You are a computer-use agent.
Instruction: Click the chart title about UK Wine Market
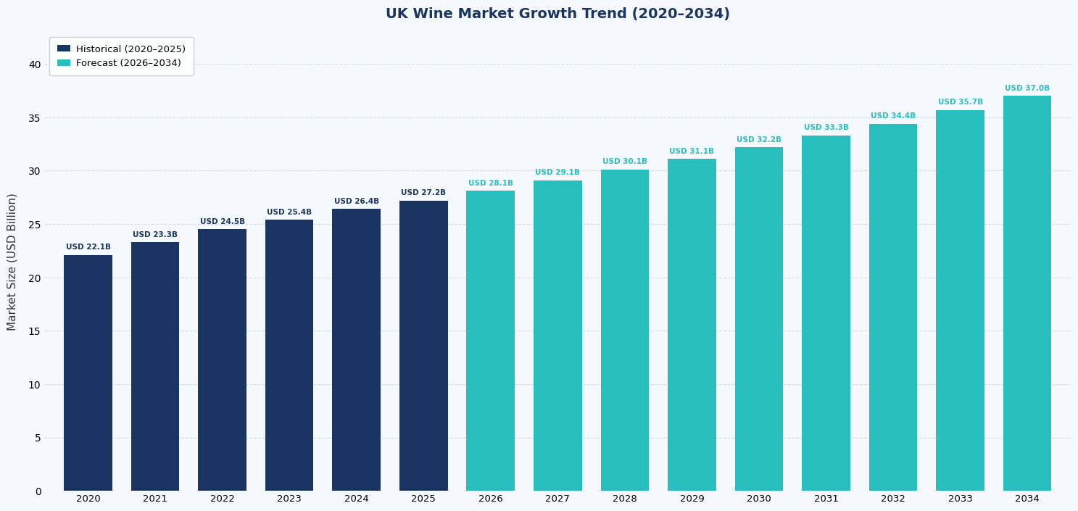tap(557, 14)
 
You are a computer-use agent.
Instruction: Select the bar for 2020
tap(88, 373)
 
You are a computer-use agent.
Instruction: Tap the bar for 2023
tap(289, 355)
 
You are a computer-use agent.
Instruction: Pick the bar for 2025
tap(423, 346)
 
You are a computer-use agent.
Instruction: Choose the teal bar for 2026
tap(490, 341)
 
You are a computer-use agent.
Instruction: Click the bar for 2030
tap(758, 319)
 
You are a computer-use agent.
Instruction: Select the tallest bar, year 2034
tap(1027, 294)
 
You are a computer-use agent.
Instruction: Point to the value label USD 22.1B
tap(88, 247)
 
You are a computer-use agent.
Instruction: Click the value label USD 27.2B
tap(423, 193)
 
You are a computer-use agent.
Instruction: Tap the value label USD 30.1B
tap(624, 162)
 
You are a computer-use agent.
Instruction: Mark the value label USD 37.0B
tap(1027, 88)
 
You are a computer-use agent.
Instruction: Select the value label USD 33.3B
tap(826, 128)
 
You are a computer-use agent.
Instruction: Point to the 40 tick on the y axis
tap(35, 65)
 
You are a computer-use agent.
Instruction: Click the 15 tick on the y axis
tap(35, 331)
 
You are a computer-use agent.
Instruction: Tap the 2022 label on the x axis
tap(222, 499)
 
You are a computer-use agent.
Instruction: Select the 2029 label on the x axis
tap(692, 499)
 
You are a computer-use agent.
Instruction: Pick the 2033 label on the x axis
tap(960, 499)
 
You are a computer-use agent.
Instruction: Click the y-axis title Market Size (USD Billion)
tap(12, 262)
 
